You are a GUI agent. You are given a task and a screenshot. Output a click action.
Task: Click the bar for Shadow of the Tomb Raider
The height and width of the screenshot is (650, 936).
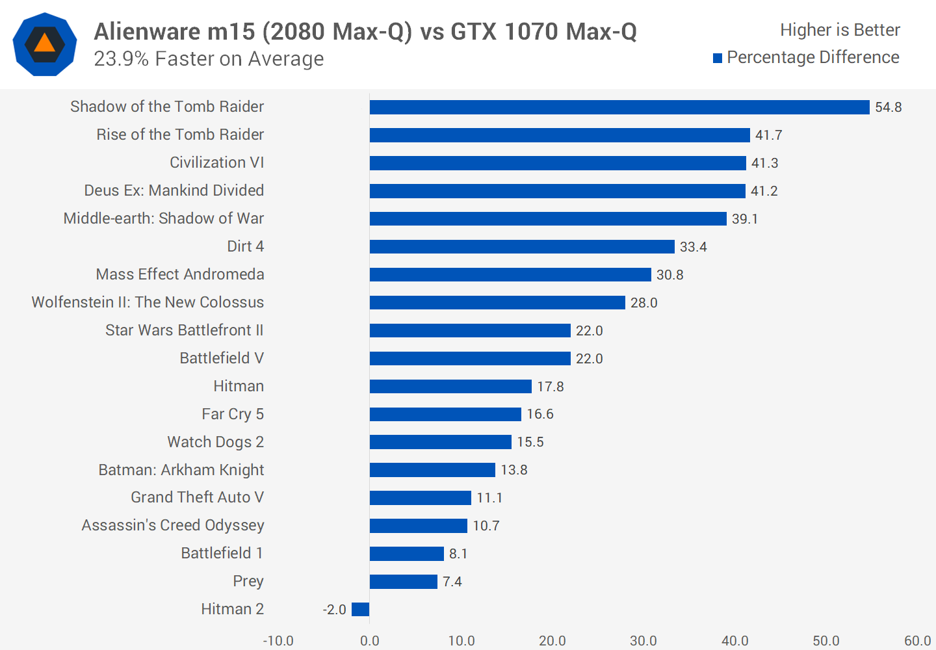point(619,107)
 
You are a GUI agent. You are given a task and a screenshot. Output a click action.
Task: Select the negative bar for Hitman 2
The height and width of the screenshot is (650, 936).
point(360,609)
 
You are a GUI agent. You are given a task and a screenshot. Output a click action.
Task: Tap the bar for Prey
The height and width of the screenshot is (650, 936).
point(403,582)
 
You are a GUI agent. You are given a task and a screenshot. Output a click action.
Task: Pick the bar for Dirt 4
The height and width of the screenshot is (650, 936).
point(522,247)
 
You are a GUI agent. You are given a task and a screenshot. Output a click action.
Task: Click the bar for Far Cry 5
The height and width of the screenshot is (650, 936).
point(445,414)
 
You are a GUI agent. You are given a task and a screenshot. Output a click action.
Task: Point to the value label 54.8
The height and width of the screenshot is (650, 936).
point(888,107)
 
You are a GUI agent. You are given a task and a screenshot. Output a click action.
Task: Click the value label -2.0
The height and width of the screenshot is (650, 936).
point(334,610)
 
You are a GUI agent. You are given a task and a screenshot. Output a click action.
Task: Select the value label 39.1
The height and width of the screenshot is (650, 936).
point(745,219)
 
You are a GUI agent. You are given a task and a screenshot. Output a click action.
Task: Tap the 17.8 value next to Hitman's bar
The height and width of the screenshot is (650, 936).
point(550,387)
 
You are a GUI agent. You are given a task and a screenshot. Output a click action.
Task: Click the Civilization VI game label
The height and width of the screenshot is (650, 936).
point(216,162)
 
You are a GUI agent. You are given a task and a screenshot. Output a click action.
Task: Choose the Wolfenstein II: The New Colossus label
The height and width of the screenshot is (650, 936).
point(148,302)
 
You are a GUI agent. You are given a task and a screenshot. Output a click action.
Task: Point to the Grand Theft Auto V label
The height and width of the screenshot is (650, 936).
point(197,497)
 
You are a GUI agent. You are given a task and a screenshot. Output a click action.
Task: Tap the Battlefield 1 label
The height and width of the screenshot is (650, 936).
point(222,553)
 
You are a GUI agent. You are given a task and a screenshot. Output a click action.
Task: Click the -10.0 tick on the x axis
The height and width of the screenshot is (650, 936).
point(278,641)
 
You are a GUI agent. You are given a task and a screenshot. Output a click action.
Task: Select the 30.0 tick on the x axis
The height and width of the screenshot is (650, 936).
point(643,641)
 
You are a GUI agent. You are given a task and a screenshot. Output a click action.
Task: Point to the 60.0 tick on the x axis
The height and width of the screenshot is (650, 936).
point(917,641)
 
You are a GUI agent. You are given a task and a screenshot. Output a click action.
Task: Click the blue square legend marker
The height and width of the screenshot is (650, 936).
point(718,58)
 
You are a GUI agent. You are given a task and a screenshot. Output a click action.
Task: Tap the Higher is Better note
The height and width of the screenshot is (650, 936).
point(840,30)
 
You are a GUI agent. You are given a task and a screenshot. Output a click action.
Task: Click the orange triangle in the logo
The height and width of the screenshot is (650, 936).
point(44,44)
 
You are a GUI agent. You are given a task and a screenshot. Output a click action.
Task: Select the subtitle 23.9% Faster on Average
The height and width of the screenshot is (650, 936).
point(209,58)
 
